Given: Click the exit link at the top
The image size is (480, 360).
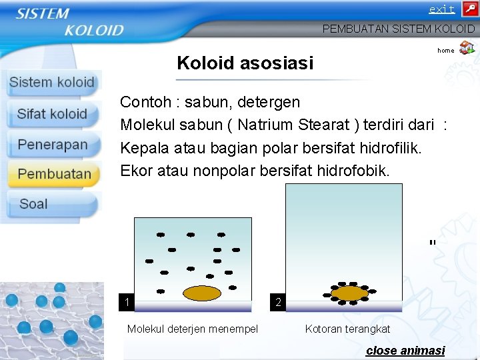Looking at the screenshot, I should click(x=441, y=9).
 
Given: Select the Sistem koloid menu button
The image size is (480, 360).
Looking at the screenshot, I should click(x=52, y=83).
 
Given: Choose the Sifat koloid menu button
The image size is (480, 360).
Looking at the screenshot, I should click(x=52, y=114).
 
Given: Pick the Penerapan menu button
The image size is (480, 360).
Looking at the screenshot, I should click(x=53, y=145).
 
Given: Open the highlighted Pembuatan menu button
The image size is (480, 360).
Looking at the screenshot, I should click(x=54, y=175).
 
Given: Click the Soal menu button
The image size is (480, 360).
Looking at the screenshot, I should click(x=34, y=204).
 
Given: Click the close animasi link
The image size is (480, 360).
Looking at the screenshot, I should click(x=405, y=351).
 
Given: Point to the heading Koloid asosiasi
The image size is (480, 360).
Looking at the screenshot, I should click(x=245, y=63).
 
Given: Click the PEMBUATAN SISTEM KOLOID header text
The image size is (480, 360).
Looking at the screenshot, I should click(x=398, y=29).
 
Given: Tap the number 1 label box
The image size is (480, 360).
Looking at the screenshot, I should click(x=126, y=303).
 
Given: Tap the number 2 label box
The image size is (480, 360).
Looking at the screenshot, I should click(x=278, y=303).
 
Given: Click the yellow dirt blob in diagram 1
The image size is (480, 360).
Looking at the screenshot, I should click(x=202, y=293).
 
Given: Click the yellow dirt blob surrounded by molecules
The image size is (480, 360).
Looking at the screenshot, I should click(x=349, y=293).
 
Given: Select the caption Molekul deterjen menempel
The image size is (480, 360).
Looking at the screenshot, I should click(x=192, y=329).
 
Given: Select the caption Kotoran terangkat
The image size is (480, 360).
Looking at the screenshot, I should click(x=347, y=329).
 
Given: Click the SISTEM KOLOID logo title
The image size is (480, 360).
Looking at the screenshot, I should click(x=70, y=21).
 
